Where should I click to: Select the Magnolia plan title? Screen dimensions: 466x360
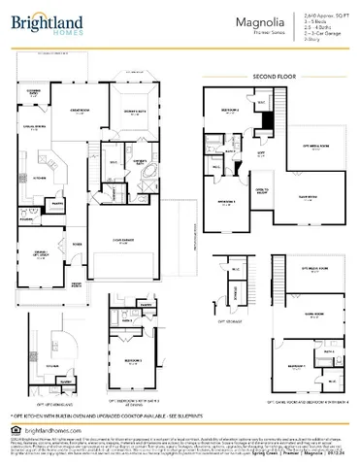tap(249, 19)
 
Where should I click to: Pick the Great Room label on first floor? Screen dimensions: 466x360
tap(76, 114)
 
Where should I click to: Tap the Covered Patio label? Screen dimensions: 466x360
tap(34, 92)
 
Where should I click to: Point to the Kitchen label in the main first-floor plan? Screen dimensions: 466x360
tap(40, 178)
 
